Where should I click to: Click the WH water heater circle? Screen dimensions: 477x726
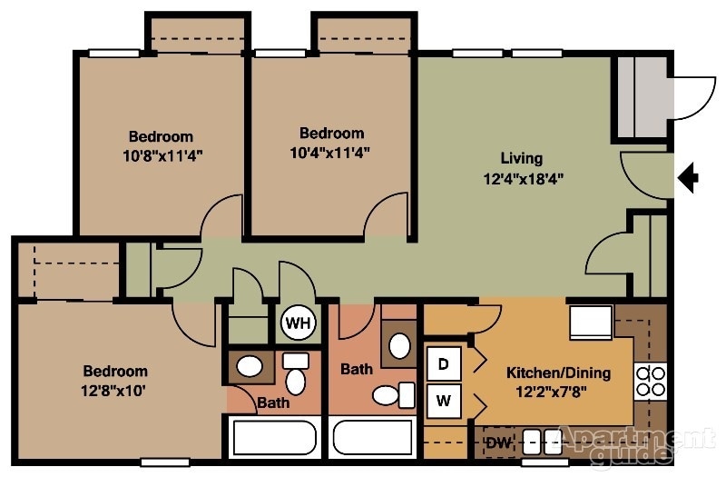295,322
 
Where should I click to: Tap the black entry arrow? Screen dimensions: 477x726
689,176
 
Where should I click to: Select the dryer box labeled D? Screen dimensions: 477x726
444,364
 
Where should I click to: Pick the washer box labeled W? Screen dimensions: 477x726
444,399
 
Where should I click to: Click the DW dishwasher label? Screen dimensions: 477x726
496,442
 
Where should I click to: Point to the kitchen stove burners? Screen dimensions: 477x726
651,381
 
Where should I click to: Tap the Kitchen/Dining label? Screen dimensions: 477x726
558,373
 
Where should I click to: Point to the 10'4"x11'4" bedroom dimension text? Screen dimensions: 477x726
332,151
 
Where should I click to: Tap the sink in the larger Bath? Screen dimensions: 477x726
398,345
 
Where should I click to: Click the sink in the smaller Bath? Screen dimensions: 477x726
250,367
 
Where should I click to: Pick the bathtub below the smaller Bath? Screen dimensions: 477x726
273,438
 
